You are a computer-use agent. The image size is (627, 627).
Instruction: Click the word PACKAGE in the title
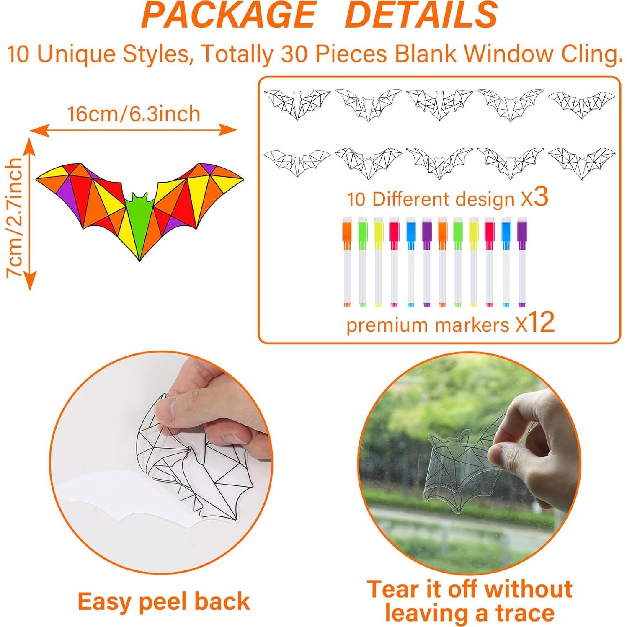pos(229,15)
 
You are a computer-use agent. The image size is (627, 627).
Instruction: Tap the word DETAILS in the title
pos(422,15)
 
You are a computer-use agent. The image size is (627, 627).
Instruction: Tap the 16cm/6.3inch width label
pos(134,114)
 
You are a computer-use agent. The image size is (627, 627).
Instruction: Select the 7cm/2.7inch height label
pos(13,217)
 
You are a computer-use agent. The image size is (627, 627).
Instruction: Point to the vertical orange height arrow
pos(29,214)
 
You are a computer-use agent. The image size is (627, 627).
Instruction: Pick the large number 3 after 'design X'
pos(541,196)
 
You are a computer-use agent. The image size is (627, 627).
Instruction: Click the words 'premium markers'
pos(428,325)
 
